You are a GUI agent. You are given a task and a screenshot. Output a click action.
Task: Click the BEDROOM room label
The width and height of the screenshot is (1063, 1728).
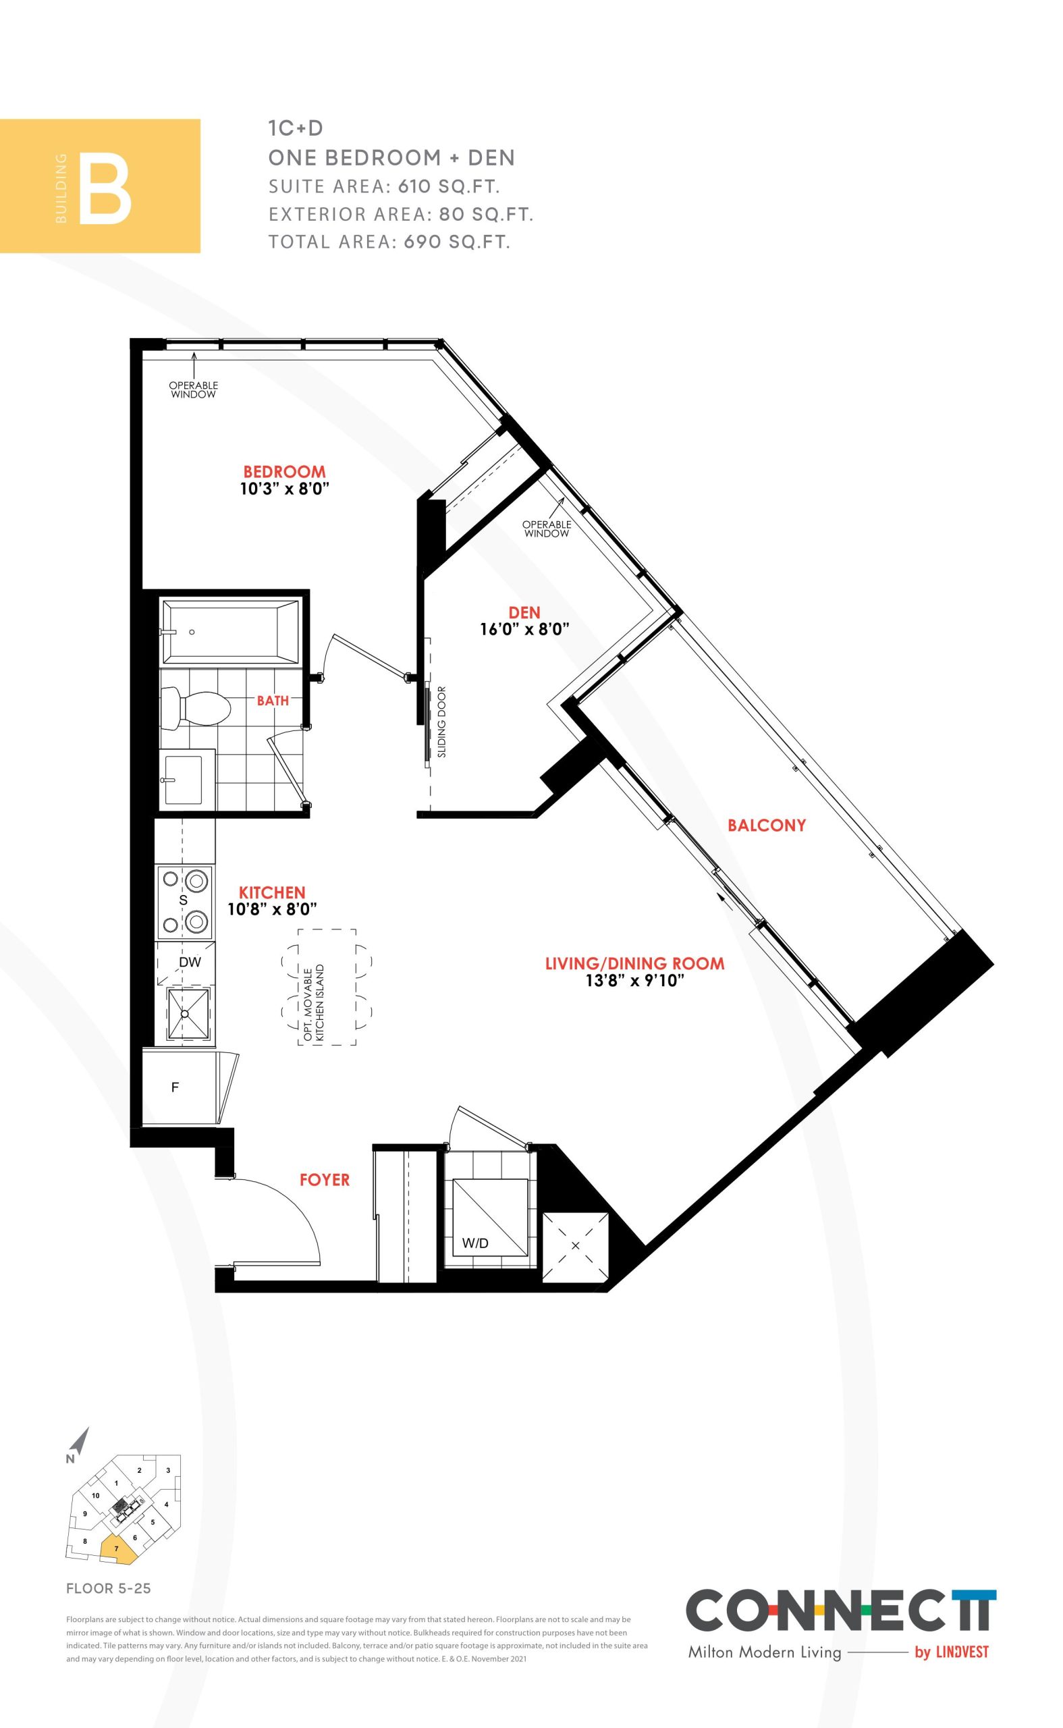pos(284,471)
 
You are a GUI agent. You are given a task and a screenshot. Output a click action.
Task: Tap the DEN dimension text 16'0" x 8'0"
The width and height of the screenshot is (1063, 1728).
pos(524,629)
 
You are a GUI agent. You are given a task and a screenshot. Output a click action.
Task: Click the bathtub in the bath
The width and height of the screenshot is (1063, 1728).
pos(231,631)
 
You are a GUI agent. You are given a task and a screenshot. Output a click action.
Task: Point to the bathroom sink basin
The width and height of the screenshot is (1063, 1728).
pos(184,780)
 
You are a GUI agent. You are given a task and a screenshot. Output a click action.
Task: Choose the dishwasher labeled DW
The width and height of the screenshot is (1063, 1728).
pos(185,963)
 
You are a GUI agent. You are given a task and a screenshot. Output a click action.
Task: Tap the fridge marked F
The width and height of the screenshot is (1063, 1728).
pos(179,1087)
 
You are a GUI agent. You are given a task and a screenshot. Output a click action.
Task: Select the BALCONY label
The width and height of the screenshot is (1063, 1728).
pos(766,826)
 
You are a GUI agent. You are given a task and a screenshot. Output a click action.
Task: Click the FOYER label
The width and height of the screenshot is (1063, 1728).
pos(324,1180)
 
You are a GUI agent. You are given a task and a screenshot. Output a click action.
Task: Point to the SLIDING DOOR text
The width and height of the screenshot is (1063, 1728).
pos(441,722)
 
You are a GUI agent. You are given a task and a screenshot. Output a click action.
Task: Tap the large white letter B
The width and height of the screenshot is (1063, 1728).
pos(105,192)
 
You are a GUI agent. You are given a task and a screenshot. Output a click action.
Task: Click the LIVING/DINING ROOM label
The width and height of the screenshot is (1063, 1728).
pos(635,963)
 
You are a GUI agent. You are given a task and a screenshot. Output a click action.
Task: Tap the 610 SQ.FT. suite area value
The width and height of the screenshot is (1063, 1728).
pos(449,186)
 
